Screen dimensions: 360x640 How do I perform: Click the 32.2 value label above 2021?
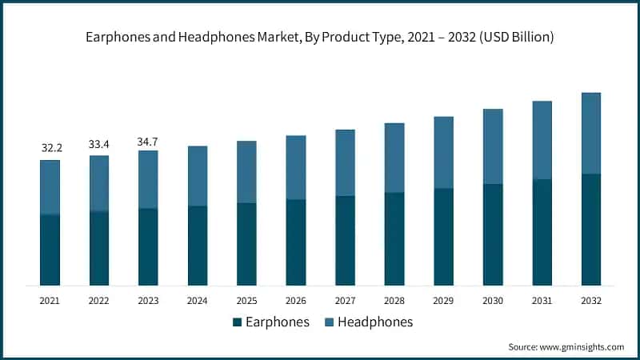(50, 148)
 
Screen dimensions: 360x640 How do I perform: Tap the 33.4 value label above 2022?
(99, 144)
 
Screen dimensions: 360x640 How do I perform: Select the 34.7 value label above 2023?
(148, 141)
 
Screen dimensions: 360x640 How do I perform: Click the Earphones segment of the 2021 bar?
(50, 250)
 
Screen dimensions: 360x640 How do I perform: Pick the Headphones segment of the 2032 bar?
(590, 133)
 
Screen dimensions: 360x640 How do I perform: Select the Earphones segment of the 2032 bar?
(590, 229)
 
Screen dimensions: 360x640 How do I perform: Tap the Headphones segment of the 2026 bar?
(296, 167)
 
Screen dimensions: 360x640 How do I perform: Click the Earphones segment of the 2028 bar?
(394, 238)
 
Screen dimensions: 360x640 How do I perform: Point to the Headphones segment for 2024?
(198, 176)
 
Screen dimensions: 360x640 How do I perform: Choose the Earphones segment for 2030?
(493, 234)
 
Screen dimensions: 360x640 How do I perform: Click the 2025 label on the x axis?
(246, 301)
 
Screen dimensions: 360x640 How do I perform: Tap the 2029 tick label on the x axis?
(443, 301)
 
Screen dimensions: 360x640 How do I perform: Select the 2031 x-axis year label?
(542, 301)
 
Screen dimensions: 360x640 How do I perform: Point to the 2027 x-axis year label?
(345, 301)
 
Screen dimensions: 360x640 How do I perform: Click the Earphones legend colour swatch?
(237, 322)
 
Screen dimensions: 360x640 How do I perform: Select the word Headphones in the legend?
(375, 322)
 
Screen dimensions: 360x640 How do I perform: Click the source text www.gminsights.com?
(582, 347)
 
